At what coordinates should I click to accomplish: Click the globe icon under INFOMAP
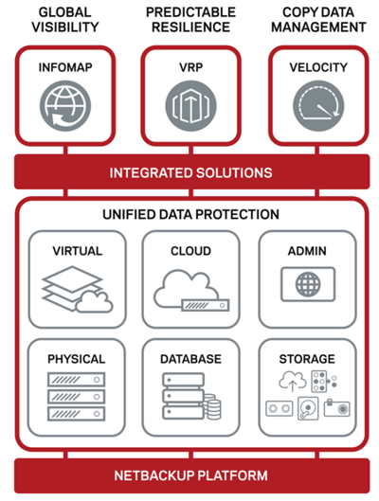(x=65, y=106)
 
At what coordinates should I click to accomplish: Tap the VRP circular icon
(x=190, y=106)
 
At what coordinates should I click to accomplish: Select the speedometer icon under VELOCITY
(x=318, y=106)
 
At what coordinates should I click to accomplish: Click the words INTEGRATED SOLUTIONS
(x=190, y=173)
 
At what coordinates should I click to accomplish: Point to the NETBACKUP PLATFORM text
(x=190, y=475)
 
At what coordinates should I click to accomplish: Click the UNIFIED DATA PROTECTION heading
(x=190, y=214)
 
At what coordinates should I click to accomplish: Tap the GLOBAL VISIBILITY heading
(x=65, y=20)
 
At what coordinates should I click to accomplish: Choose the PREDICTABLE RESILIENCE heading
(x=190, y=20)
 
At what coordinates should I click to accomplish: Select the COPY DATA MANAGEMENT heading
(x=318, y=20)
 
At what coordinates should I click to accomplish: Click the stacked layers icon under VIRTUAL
(x=78, y=289)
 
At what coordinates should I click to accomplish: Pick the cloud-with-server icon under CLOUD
(x=191, y=291)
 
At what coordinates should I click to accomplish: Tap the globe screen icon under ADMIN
(x=308, y=284)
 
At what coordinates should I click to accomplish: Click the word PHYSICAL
(x=77, y=359)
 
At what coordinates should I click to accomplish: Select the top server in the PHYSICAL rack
(x=76, y=380)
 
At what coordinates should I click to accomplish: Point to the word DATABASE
(x=190, y=359)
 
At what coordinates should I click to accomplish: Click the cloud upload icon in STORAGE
(x=293, y=381)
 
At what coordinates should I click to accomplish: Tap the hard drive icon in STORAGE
(x=308, y=408)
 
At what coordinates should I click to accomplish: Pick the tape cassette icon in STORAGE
(x=279, y=408)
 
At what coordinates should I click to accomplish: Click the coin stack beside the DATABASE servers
(x=212, y=406)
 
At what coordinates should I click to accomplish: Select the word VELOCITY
(x=318, y=67)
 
